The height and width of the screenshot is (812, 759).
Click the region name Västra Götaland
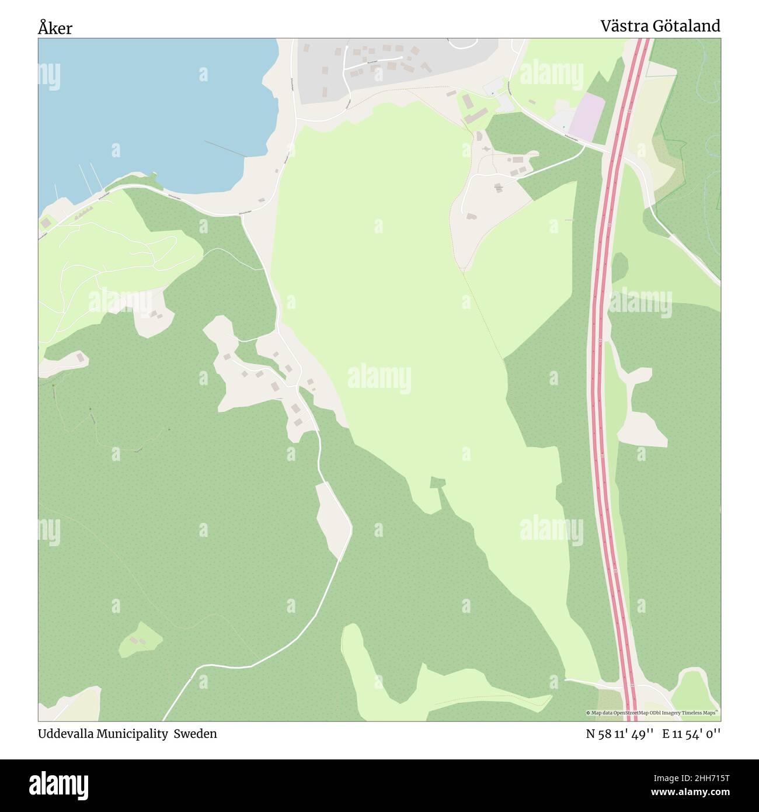pos(660,26)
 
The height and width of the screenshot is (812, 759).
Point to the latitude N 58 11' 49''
pos(620,734)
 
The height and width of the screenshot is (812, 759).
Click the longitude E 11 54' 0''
pos(691,734)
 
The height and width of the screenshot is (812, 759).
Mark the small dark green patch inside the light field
pos(437,483)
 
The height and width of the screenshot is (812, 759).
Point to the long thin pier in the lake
pos(225,149)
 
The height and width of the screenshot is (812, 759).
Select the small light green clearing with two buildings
pos(140,640)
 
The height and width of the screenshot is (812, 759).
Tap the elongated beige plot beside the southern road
pos(332,520)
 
